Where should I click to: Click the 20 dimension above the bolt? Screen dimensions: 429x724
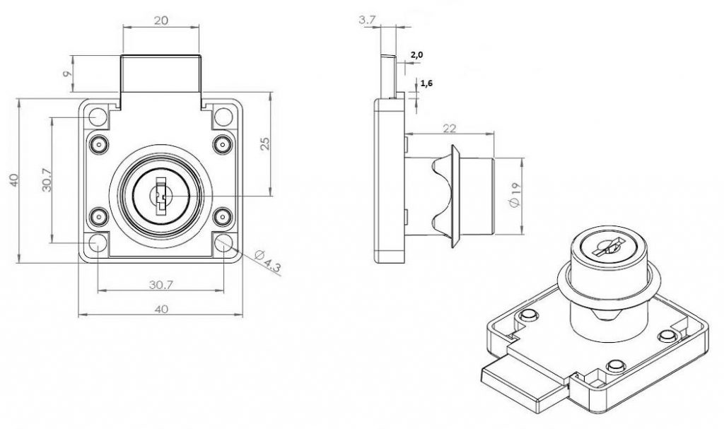(160, 21)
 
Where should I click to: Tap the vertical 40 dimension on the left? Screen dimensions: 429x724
(13, 180)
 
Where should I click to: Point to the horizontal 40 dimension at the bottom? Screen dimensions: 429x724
(160, 309)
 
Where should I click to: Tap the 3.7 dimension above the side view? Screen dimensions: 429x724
(367, 20)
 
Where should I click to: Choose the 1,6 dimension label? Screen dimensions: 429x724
(427, 83)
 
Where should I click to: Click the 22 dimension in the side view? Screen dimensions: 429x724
(448, 128)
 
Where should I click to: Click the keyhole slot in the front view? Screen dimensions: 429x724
(160, 192)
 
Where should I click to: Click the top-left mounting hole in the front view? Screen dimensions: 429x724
(96, 116)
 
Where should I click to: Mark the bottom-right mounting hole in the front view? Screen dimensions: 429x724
(223, 243)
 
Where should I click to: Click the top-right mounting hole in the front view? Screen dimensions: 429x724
(223, 117)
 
